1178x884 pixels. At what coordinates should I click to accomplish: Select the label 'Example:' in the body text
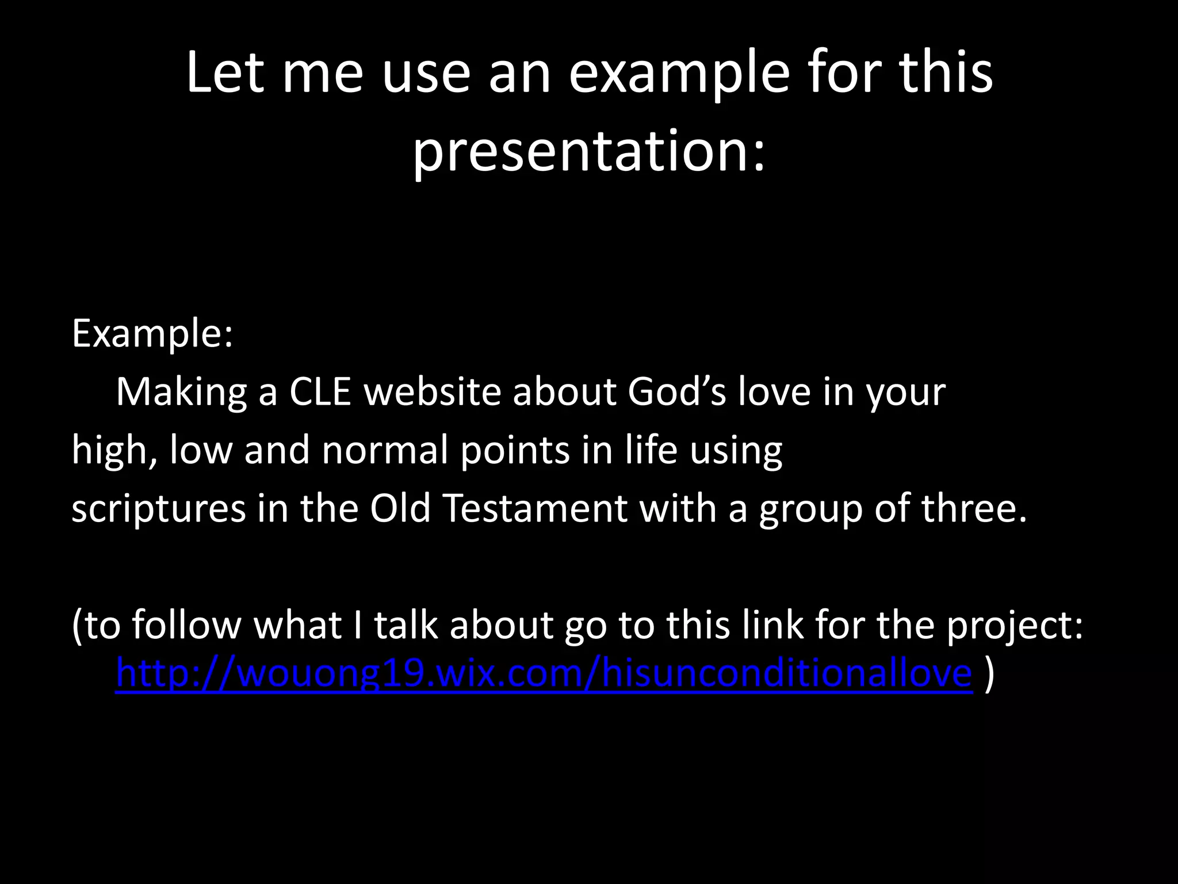[x=152, y=334]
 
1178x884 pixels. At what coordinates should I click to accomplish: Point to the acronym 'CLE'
[x=320, y=392]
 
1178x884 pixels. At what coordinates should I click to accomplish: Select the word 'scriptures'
[x=158, y=509]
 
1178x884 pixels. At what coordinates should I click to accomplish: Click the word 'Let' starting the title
[x=225, y=74]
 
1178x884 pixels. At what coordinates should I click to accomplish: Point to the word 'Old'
[x=400, y=509]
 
